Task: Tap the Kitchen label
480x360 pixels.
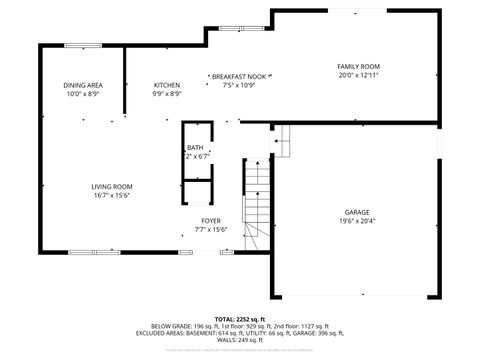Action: [167, 86]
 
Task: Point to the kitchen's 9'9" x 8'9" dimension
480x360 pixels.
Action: [167, 95]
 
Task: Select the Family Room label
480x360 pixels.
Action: [359, 66]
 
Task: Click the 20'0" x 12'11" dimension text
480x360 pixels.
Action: [359, 75]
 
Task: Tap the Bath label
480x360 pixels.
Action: [195, 148]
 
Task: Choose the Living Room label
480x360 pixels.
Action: [112, 187]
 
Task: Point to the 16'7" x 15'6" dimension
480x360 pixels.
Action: [112, 196]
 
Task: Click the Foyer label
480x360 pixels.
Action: [211, 221]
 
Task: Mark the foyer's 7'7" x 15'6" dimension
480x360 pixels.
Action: [211, 230]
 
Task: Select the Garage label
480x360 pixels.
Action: [357, 213]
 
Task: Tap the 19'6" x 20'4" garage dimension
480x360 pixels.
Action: [357, 222]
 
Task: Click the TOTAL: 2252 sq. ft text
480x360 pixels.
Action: [238, 318]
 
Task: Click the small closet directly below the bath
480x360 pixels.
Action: [196, 195]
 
